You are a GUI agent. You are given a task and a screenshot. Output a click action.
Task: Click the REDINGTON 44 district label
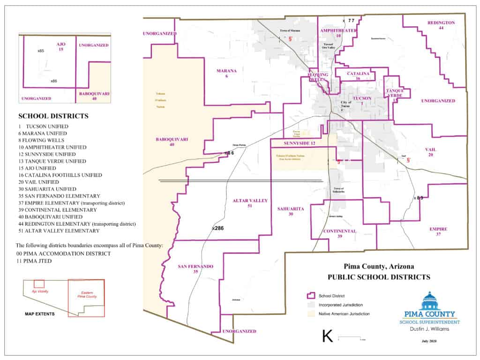441,25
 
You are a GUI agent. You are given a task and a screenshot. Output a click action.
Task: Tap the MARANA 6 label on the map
226,73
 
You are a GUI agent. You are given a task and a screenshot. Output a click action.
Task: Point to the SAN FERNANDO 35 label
195,269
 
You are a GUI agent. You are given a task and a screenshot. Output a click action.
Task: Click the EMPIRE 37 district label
438,232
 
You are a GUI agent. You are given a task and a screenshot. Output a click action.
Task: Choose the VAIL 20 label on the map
430,152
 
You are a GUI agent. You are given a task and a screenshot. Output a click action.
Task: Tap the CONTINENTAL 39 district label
339,233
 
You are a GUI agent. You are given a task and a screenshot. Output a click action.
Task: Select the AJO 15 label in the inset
61,46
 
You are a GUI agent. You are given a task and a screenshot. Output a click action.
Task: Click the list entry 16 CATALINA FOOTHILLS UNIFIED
50,175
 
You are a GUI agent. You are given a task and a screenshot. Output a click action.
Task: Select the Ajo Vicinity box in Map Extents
39,284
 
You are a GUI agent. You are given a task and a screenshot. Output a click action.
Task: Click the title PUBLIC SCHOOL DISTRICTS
379,277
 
